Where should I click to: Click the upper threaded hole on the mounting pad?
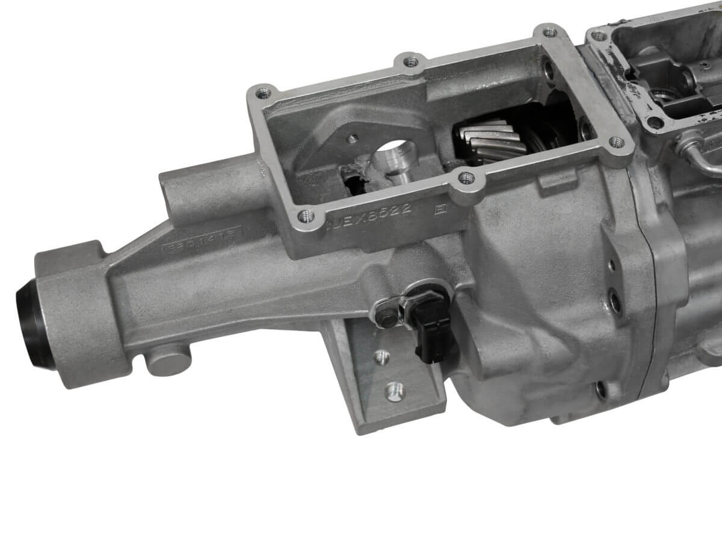(380, 357)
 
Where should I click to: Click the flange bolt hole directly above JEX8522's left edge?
(305, 215)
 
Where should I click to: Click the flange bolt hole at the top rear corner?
(547, 32)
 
